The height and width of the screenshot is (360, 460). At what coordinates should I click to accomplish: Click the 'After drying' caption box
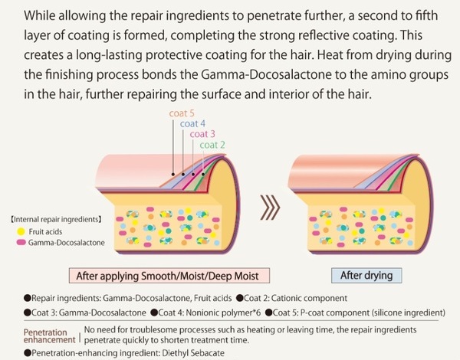[x=361, y=275]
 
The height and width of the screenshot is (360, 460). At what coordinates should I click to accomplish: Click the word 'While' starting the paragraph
[x=39, y=16]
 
